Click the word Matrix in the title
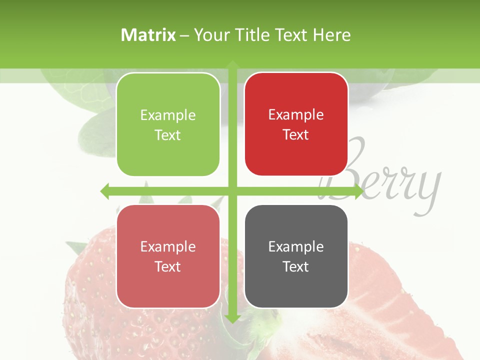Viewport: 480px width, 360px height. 148,35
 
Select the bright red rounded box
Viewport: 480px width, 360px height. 296,124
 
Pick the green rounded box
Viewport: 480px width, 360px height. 168,124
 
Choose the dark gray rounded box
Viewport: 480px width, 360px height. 296,256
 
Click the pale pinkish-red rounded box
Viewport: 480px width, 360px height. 168,256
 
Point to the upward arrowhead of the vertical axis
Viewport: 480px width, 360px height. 232,64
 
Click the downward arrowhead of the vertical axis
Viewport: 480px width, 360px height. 232,318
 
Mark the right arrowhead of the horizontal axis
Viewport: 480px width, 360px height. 359,191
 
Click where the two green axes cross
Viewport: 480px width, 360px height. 232,191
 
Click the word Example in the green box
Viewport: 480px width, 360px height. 168,115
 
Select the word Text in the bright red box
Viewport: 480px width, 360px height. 296,134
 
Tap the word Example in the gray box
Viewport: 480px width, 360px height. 296,246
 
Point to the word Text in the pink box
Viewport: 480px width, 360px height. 168,266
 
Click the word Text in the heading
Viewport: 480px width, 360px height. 290,35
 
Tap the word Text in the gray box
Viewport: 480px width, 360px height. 296,266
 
